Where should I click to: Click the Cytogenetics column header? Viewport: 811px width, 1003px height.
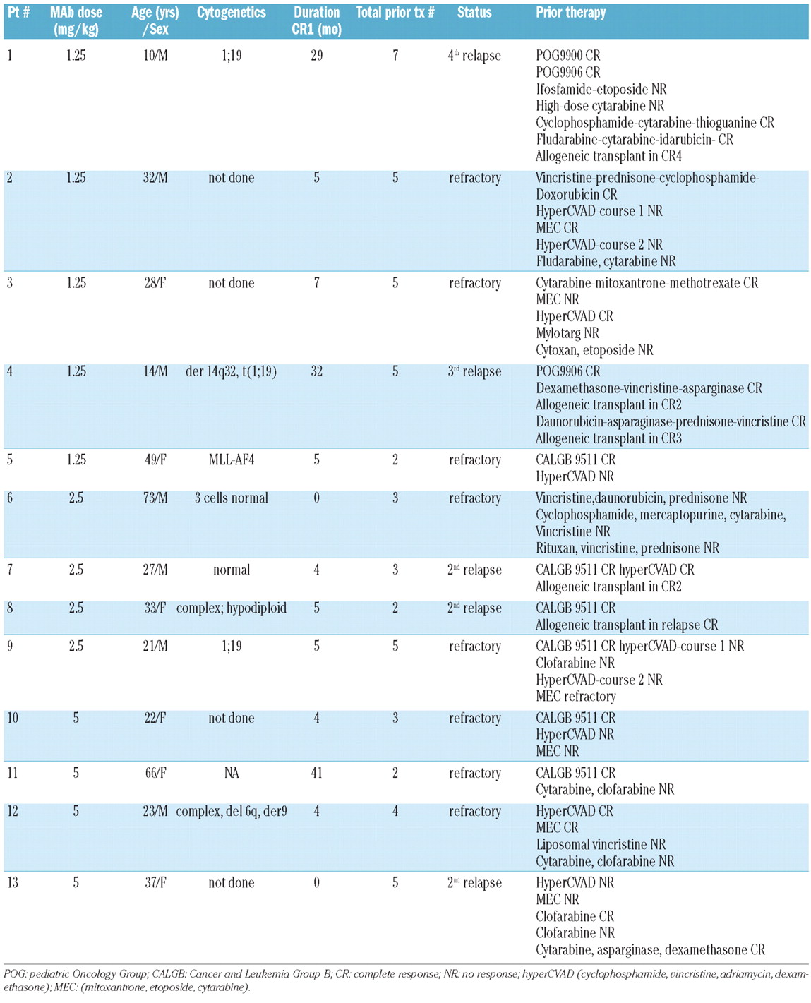coord(231,13)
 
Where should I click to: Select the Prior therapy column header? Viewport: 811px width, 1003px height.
coord(570,13)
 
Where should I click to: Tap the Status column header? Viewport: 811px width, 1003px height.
coord(474,13)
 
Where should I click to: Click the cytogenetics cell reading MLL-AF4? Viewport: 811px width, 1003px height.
coord(231,460)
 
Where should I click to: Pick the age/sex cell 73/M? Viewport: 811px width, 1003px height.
coord(155,498)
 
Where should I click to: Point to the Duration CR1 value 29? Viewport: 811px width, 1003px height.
coord(316,56)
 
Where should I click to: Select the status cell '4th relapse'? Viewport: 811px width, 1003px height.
coord(474,56)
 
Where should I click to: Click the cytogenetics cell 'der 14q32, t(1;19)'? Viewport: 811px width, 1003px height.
coord(231,372)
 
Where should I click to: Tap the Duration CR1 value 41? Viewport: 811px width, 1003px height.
coord(316,774)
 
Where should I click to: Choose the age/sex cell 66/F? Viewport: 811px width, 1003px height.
coord(155,774)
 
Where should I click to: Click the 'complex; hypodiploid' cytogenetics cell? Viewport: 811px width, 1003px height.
coord(231,608)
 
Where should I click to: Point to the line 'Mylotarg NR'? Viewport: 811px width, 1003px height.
coord(567,333)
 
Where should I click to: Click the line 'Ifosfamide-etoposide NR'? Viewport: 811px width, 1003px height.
coord(601,90)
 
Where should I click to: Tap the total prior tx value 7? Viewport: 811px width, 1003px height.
coord(395,56)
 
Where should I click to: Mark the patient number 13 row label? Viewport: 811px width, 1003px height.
coord(13,883)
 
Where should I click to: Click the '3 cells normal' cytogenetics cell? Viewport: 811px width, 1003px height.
coord(231,498)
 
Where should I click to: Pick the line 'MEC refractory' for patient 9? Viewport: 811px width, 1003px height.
coord(575,697)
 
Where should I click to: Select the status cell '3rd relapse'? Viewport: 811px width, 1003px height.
coord(474,372)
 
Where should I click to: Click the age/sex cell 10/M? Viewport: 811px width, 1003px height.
coord(155,56)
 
